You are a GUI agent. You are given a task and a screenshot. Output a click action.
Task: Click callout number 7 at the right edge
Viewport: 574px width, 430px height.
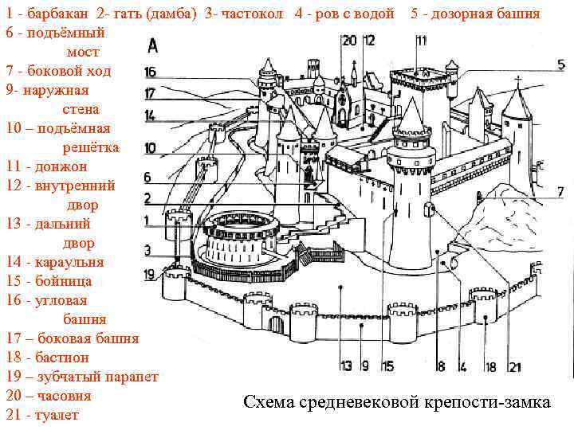click(x=560, y=191)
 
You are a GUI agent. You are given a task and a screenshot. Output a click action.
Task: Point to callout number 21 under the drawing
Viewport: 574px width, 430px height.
click(x=514, y=367)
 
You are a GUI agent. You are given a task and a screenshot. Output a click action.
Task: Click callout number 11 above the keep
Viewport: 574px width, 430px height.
click(x=420, y=40)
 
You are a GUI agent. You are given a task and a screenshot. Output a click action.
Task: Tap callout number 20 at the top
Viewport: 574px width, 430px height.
click(x=348, y=40)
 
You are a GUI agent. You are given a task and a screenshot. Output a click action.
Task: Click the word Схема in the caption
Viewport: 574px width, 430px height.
click(x=269, y=404)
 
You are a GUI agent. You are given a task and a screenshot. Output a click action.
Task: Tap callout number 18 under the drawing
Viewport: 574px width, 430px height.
click(x=491, y=367)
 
